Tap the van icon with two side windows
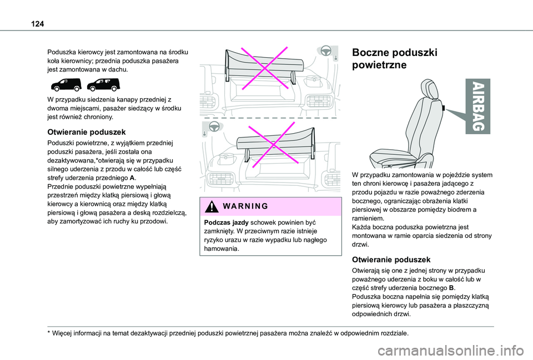pyautogui.click(x=103, y=85)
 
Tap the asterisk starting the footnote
pyautogui.click(x=49, y=334)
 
